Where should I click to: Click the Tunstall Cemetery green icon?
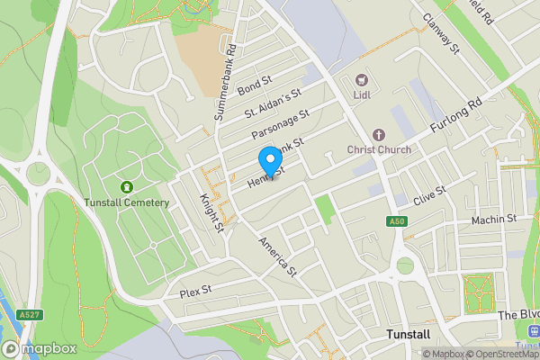pyautogui.click(x=127, y=186)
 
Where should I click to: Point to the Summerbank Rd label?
pyautogui.click(x=225, y=84)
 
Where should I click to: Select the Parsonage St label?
pyautogui.click(x=280, y=125)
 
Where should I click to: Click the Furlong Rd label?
pyautogui.click(x=457, y=117)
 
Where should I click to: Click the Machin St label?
pyautogui.click(x=493, y=219)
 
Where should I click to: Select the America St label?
pyautogui.click(x=277, y=256)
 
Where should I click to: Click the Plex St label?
pyautogui.click(x=194, y=291)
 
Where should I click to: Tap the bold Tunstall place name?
pyautogui.click(x=408, y=334)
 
